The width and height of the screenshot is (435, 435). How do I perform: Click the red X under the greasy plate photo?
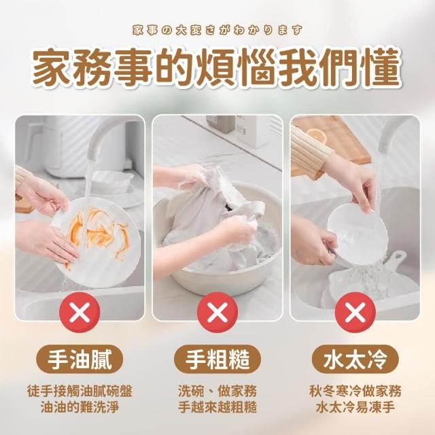[x=80, y=312]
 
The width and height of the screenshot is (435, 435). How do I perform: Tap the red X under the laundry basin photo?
[x=217, y=312]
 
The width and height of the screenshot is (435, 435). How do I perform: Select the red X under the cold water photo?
[x=355, y=312]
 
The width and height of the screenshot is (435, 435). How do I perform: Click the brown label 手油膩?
[x=80, y=360]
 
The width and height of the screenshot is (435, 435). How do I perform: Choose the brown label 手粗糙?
[x=217, y=360]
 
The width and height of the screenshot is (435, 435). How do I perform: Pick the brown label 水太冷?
[x=355, y=360]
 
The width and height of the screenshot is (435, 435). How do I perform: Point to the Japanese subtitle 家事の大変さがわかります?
[x=217, y=30]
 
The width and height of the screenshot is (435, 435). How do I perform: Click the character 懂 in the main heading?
[x=383, y=67]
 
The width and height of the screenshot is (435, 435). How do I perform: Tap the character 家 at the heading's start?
[x=52, y=67]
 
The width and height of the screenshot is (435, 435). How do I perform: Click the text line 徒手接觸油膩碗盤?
[x=80, y=391]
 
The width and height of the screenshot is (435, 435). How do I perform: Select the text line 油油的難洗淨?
[x=80, y=407]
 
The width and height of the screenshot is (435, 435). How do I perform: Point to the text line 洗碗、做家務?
[x=217, y=391]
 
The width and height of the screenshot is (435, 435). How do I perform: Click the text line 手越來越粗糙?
[x=217, y=407]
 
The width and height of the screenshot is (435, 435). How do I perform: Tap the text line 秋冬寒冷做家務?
[x=355, y=391]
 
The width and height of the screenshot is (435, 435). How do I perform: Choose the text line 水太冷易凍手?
[x=355, y=407]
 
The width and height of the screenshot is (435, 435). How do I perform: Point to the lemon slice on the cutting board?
[x=317, y=135]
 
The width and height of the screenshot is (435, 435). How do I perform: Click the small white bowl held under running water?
[x=358, y=232]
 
